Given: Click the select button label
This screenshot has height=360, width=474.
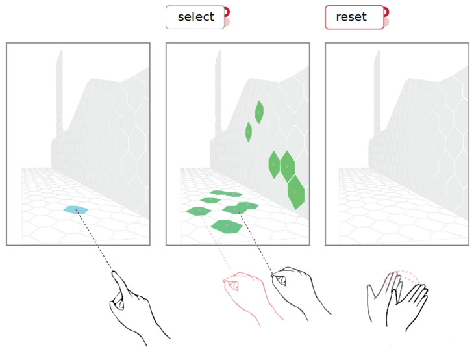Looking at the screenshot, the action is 196,17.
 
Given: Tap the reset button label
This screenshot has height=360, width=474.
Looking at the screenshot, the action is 351,17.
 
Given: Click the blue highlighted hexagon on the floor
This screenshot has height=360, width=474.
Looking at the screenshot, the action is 75,210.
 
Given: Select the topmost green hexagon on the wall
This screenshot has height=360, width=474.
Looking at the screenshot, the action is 259,112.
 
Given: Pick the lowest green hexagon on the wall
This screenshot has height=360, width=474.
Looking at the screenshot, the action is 296,192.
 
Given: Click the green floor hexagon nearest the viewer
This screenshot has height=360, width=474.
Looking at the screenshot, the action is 227,226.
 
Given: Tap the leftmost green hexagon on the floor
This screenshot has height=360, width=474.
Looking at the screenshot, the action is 199,211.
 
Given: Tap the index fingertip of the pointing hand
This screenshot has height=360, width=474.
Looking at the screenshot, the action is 114,272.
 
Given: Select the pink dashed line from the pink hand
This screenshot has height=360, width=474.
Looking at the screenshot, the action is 216,242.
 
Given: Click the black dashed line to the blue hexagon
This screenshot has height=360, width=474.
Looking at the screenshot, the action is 95,240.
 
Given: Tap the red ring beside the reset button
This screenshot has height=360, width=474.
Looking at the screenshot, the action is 386,12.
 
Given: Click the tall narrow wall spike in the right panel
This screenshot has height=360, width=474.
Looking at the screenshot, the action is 377,94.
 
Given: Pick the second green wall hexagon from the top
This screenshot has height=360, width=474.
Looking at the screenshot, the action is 249,132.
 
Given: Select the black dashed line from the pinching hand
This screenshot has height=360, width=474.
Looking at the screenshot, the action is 255,242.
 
